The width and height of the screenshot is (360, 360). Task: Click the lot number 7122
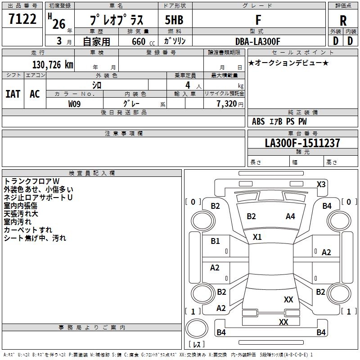(22, 19)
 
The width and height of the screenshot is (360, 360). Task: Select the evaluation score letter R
(343, 21)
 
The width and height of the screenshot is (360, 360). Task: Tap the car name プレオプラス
(117, 20)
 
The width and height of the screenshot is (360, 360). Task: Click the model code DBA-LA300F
(257, 41)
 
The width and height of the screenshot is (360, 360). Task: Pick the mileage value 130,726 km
(53, 65)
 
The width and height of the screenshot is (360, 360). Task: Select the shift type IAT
(13, 94)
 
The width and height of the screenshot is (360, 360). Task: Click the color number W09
(75, 104)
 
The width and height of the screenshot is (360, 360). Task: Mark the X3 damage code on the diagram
(321, 184)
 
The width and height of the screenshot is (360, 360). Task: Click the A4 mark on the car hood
(290, 216)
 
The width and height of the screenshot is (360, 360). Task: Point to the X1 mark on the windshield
(257, 237)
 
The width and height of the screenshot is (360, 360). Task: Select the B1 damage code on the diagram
(216, 241)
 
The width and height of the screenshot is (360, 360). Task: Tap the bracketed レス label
(197, 344)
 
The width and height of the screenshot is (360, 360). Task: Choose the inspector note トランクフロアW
(28, 181)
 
